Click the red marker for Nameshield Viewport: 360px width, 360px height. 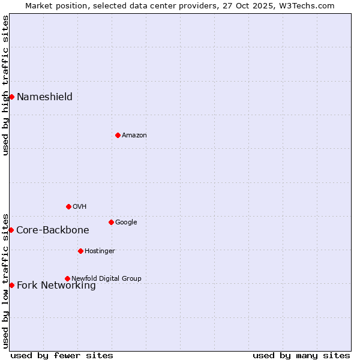[x=11, y=97]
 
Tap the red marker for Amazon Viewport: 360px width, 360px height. [x=118, y=135]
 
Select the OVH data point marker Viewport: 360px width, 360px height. [x=68, y=206]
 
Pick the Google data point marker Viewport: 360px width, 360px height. [x=111, y=222]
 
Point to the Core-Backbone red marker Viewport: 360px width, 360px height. [x=11, y=230]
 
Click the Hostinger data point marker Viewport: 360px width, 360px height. [x=80, y=251]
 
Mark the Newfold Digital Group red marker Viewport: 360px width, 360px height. [x=67, y=278]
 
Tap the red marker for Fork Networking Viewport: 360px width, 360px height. [x=11, y=285]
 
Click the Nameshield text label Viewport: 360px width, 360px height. [x=44, y=97]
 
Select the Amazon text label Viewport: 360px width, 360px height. [x=134, y=135]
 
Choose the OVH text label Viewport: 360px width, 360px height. [x=79, y=206]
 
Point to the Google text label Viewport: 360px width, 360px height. [x=126, y=222]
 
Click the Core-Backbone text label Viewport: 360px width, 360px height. [x=52, y=230]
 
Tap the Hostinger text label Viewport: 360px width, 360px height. [x=100, y=251]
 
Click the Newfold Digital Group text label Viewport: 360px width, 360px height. [x=106, y=278]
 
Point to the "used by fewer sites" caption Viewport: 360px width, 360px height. [x=62, y=355]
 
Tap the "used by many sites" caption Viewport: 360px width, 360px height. [x=301, y=355]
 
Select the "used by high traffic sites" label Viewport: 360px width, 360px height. [x=5, y=85]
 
